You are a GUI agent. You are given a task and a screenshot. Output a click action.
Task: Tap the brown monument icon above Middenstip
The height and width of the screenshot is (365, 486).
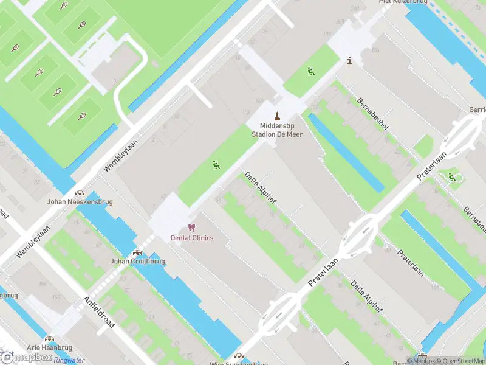coord(278,116)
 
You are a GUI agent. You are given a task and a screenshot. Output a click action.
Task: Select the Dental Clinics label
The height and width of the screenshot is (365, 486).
coord(192,238)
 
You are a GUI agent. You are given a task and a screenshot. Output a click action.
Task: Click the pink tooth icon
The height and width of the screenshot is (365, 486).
coord(192,228)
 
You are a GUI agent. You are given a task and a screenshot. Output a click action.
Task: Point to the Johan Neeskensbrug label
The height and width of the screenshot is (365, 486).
coord(80,201)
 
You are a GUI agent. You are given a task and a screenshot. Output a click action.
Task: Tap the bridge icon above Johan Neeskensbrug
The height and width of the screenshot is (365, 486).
coord(80,192)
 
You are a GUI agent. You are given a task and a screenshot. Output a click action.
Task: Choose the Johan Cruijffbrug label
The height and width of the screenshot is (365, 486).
coord(137,261)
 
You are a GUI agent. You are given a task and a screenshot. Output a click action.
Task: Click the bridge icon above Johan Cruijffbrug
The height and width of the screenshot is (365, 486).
coord(137,252)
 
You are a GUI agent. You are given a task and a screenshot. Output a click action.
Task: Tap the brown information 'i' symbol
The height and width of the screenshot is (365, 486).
coord(349,60)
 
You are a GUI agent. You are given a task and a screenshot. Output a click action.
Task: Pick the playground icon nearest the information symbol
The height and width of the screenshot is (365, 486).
coord(311,71)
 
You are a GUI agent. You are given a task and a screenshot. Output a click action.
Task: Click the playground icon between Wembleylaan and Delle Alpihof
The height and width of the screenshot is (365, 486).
coord(215,164)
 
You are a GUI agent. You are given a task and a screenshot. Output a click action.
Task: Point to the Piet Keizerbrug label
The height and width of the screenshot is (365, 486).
coord(403,2)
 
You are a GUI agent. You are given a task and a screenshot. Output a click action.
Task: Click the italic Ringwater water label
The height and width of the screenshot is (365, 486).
coord(69,360)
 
